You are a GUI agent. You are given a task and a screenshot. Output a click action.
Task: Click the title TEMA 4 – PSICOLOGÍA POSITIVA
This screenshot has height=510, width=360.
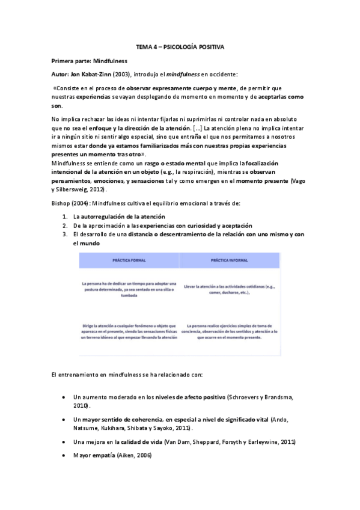(180, 47)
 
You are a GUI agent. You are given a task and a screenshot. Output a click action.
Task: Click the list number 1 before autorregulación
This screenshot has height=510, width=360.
(64, 216)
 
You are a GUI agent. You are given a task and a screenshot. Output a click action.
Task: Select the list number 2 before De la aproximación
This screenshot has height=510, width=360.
(64, 225)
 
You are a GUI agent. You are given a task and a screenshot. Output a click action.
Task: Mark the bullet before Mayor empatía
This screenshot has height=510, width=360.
(64, 455)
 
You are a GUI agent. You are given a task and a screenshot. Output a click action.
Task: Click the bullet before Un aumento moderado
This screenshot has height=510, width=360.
(64, 398)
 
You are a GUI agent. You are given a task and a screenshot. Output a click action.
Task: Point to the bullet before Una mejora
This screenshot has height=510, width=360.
(64, 441)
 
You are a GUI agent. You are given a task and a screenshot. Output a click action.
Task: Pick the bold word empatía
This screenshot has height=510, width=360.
(104, 455)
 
